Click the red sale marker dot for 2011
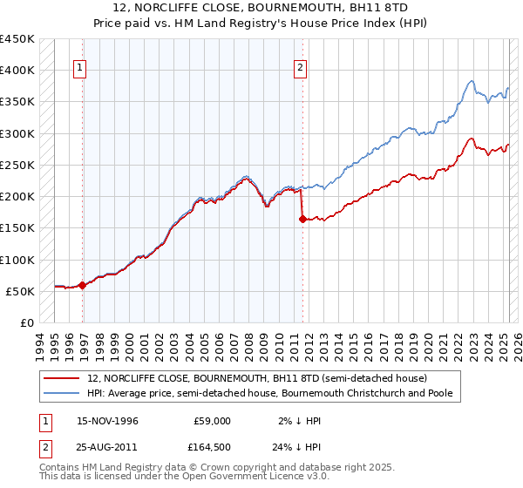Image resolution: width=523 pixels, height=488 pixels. (x=302, y=219)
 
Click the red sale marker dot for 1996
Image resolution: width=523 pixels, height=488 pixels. (x=82, y=285)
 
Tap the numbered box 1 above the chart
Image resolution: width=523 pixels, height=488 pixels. (x=79, y=69)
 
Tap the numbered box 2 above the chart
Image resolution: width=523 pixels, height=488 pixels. (x=300, y=69)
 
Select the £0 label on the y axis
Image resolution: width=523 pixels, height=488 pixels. (x=26, y=322)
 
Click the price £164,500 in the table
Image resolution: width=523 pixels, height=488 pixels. (x=212, y=446)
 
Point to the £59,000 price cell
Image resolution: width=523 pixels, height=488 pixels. (x=212, y=420)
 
